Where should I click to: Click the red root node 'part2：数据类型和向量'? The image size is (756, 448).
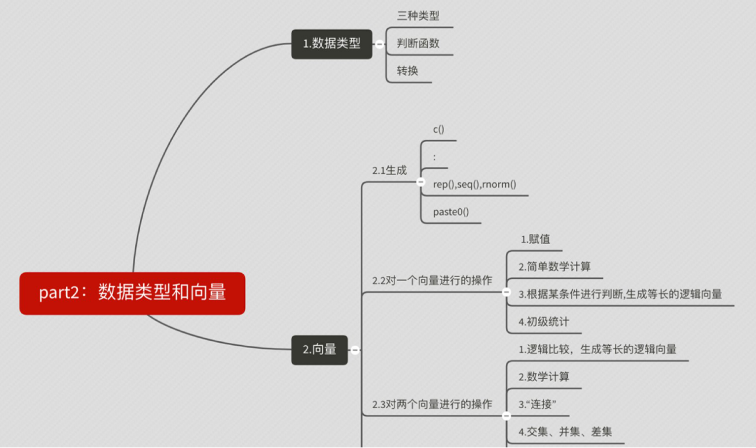pos(132,293)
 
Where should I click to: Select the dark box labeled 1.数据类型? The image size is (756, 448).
pos(332,44)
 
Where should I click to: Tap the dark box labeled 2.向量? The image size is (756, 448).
pos(319,349)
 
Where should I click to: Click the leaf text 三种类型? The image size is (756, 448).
pos(418,16)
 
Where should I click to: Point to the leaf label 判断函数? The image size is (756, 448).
pos(418,43)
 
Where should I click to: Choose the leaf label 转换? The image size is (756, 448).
pos(407,71)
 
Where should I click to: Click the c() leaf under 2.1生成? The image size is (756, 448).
pos(439,129)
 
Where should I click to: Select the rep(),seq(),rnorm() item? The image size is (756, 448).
pos(474,184)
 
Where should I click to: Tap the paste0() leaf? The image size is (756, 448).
pos(451,212)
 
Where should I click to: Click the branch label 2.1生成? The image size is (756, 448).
pos(389,170)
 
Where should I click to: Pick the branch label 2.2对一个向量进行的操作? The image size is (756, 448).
pos(432,281)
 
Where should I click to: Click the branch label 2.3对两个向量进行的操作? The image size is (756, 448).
pos(432,404)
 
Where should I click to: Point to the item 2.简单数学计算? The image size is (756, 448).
pos(554,266)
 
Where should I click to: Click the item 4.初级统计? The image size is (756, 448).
pos(543,322)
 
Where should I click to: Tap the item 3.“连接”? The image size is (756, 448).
pos(537,404)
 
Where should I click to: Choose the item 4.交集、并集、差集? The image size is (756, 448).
pos(565,431)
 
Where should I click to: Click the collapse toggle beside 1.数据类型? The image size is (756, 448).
pos(379,44)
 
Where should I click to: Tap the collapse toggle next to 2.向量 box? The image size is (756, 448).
pos(355,350)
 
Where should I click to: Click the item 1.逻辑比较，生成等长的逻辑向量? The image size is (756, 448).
pos(597,349)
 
